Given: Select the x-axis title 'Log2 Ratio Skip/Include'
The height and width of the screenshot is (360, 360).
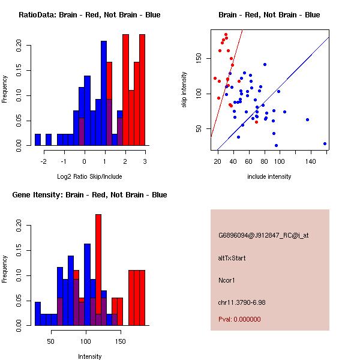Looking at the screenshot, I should [89, 176].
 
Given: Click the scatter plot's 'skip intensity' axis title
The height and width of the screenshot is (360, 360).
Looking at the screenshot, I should [184, 90].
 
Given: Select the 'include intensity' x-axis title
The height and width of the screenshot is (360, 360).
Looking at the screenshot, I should [269, 176].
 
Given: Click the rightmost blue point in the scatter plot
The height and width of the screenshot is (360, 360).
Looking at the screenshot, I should [325, 143].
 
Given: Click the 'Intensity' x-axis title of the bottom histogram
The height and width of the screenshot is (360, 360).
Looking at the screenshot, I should [89, 356].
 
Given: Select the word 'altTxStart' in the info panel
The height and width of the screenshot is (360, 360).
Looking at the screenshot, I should [232, 258].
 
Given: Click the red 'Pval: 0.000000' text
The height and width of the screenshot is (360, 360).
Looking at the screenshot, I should [239, 319].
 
